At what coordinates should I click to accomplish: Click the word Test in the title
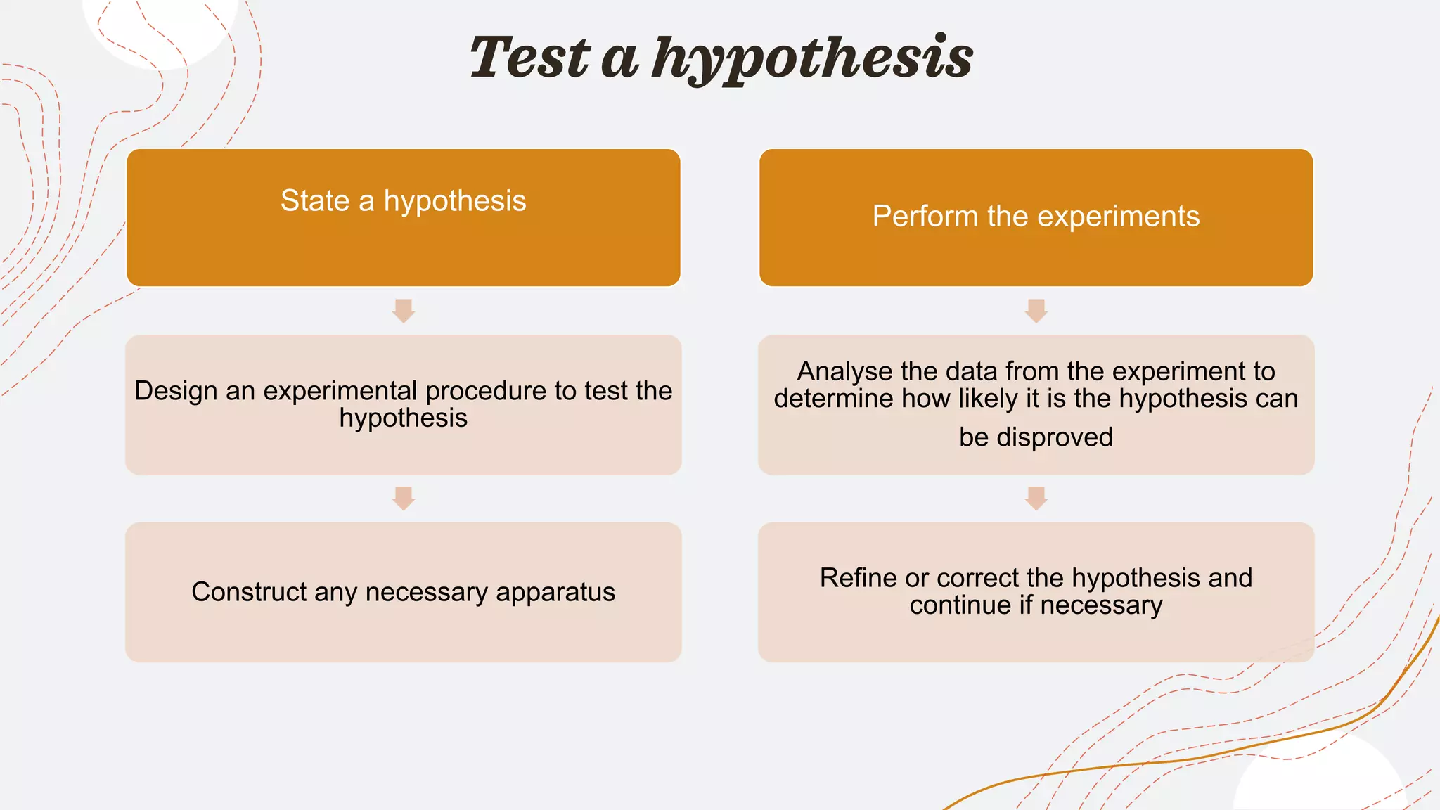529,58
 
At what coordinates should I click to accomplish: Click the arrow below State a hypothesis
404,310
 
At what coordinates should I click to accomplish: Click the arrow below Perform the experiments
1036,310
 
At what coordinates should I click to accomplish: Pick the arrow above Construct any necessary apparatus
404,498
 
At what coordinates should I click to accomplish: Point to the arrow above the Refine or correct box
1036,498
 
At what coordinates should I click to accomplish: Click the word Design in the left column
176,391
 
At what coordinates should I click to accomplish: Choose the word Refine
859,578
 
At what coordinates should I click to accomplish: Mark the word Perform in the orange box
925,217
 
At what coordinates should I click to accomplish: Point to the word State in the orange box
315,201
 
